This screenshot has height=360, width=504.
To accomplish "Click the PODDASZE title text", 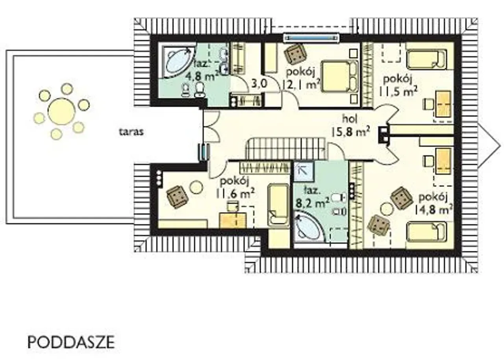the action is pos(71,342).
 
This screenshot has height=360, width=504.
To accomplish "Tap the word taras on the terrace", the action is pos(131,132).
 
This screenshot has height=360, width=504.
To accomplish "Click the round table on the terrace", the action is pos(61,111).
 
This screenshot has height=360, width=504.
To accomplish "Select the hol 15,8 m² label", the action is pos(351,126).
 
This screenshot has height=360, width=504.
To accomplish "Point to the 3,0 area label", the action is pos(259,84).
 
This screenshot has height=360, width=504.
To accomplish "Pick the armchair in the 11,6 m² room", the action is pos(177,197).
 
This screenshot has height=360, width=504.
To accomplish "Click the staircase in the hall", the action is pos(286,149).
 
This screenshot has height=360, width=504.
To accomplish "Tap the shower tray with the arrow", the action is pos(304,172).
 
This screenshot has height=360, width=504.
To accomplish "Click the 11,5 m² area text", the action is pos(398,87).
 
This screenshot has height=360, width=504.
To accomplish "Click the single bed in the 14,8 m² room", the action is pos(427,232).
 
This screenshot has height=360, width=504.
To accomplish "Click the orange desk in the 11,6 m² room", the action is pos(233,220).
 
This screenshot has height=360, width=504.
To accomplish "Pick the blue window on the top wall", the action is pos(311,38).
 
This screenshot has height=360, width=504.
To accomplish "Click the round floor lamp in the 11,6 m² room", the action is pos(196,187).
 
